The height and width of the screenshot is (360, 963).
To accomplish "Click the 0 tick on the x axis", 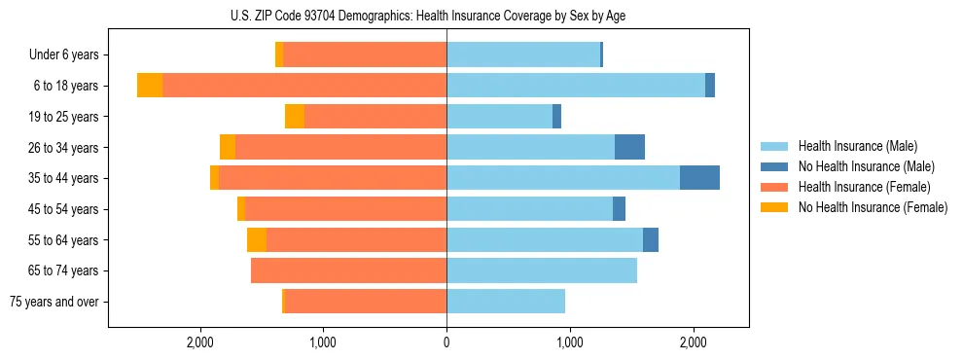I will point(446,342).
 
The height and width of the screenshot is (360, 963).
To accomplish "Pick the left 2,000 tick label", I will point(200,342).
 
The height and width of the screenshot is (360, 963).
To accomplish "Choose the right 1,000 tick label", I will point(569,342).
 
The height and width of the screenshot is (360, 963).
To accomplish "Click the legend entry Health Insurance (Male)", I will point(857,146).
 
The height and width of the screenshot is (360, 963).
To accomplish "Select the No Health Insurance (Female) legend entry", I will point(873,207).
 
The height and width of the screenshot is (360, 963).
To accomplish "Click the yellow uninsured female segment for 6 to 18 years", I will point(150,86).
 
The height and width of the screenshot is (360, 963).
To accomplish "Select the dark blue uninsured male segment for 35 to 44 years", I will point(699,178).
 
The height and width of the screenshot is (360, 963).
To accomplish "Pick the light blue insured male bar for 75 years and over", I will point(506,302).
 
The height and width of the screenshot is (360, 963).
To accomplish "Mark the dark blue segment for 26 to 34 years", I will point(629,147).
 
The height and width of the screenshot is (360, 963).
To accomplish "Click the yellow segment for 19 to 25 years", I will point(295,117).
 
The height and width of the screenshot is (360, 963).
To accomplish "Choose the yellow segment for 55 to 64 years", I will point(257,239).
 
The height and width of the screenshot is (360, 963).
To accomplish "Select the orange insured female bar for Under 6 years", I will point(365,55).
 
